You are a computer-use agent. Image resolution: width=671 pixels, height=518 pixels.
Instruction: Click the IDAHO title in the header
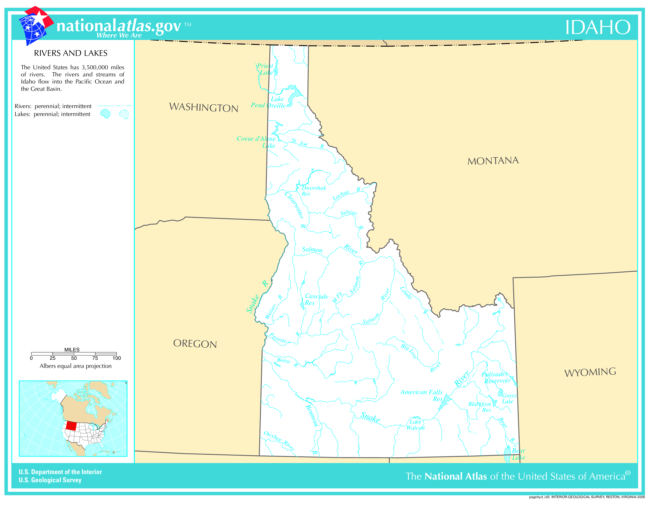point(598,27)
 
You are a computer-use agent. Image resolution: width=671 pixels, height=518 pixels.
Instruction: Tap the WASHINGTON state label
point(204,107)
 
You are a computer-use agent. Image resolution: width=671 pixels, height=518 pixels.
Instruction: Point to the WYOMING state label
point(590,372)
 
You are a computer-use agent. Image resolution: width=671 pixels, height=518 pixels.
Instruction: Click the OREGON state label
point(195,343)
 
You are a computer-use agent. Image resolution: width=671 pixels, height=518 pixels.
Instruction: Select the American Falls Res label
point(422,395)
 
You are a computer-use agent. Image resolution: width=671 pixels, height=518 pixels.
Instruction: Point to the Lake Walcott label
point(415,424)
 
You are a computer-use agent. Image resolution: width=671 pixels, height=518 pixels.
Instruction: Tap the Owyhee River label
point(279,441)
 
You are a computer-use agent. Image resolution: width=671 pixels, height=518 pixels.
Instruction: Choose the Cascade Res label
point(316,299)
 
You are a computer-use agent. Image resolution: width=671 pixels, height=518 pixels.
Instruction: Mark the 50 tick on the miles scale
point(74,358)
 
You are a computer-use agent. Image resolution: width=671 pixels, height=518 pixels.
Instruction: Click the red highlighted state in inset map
point(71,426)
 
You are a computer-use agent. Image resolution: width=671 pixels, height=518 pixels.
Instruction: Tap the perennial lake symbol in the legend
point(105,114)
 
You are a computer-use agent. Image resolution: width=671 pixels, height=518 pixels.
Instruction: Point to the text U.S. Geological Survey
point(50,480)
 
